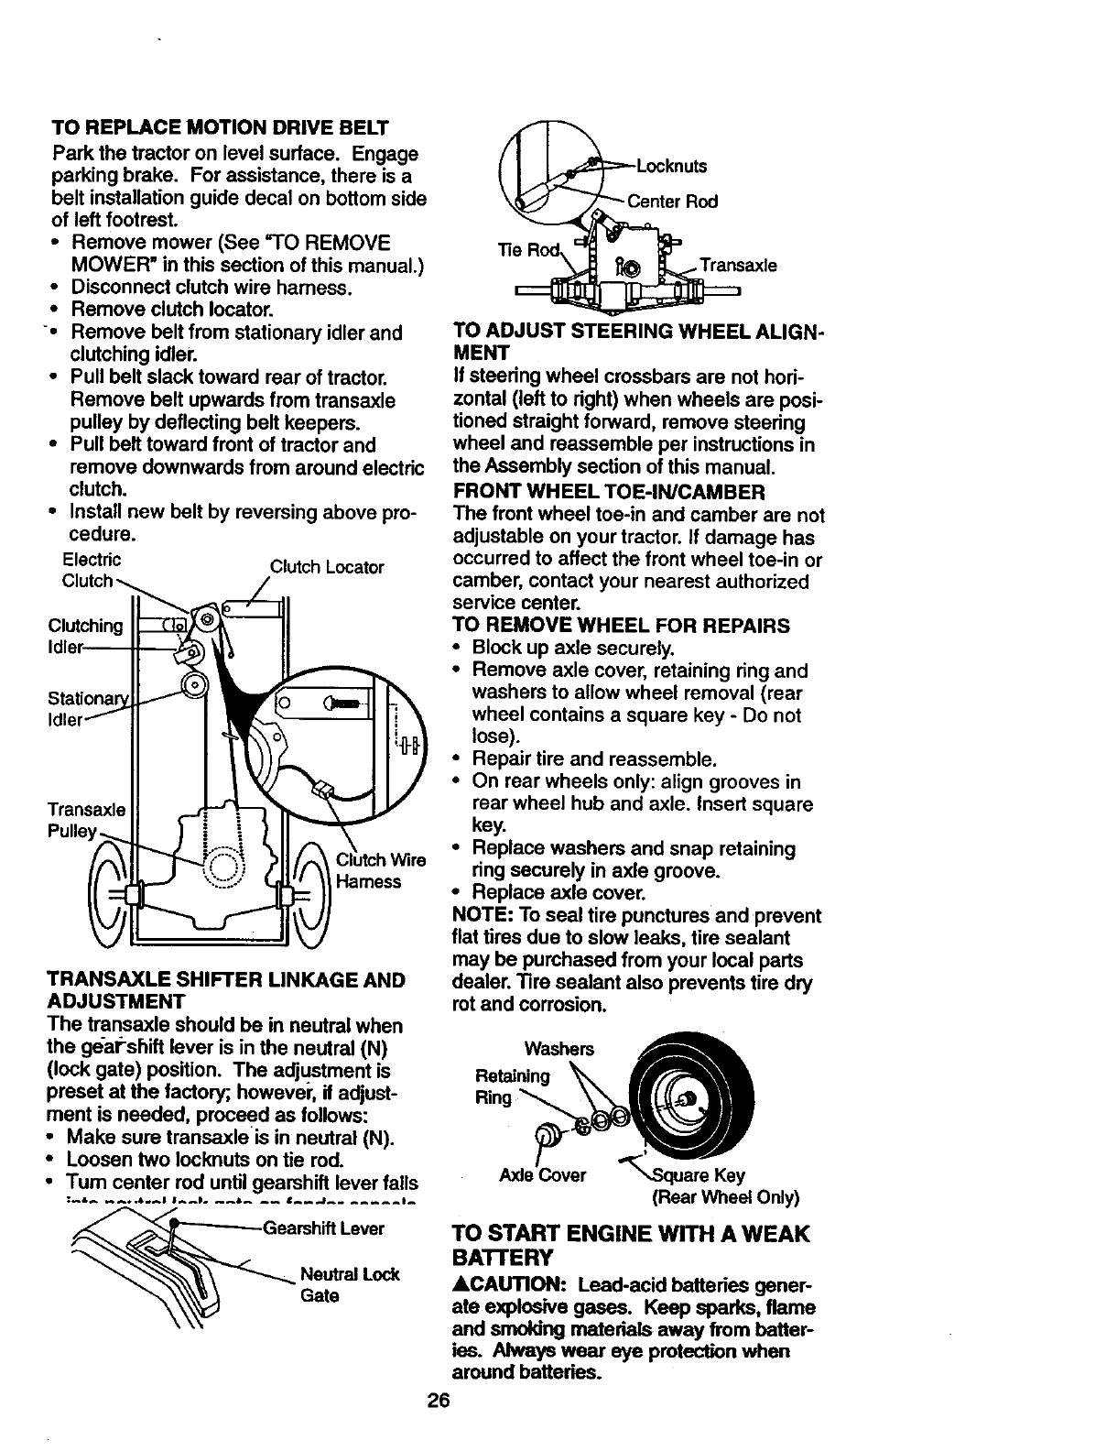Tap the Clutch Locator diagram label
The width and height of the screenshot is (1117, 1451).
click(x=327, y=567)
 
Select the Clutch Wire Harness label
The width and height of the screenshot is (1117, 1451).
click(x=381, y=870)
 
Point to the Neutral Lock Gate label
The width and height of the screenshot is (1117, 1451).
click(x=350, y=1284)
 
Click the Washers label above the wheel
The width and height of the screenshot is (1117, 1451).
click(x=558, y=1049)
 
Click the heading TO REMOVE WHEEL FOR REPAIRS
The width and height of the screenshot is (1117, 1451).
click(x=622, y=626)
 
